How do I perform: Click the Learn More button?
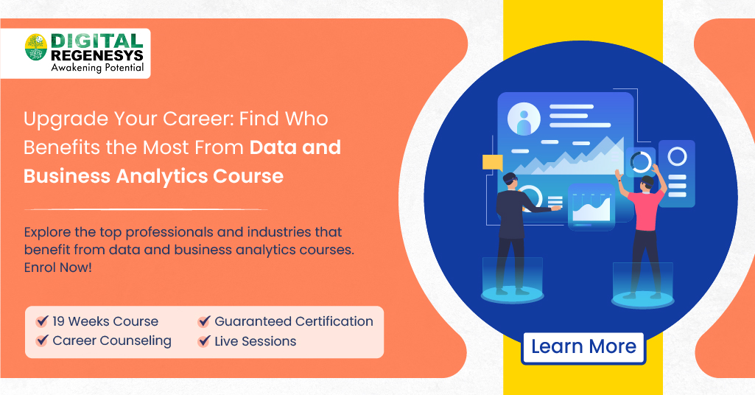583,347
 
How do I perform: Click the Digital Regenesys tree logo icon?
35,48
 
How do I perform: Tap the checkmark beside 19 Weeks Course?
42,322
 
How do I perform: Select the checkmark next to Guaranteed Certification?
204,322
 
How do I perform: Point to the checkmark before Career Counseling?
42,341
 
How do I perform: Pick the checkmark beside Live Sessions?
204,342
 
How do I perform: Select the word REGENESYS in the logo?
96,55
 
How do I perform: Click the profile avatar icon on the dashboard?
524,120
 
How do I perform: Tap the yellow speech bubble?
491,162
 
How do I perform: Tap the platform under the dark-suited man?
512,294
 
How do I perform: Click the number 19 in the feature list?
60,322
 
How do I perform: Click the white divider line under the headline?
145,209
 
